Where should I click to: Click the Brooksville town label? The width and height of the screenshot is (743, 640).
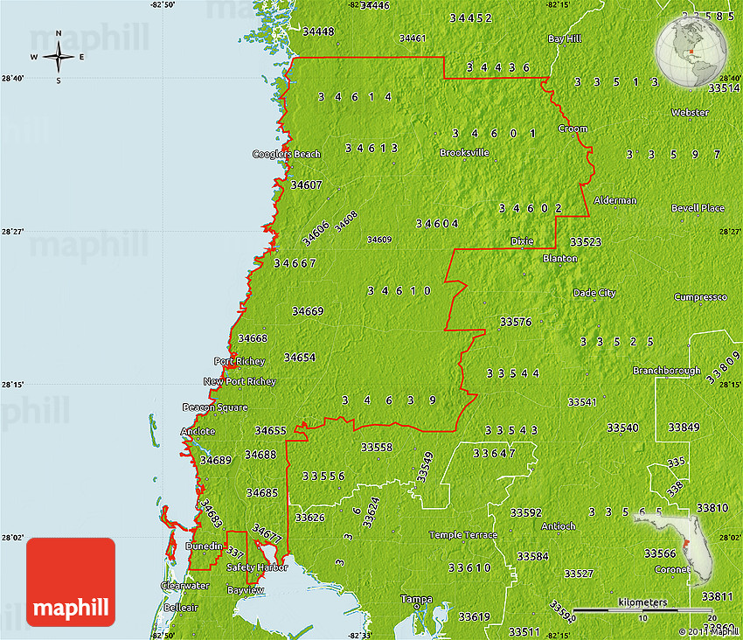pos(464,152)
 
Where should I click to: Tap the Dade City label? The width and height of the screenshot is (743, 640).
pos(594,293)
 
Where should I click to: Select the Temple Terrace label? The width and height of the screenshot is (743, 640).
pos(462,534)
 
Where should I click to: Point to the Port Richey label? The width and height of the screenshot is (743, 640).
pos(235,361)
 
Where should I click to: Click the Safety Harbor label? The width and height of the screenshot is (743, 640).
pos(257,567)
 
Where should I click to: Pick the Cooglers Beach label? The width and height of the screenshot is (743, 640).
pos(287,154)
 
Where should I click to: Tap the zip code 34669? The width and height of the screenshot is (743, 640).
pos(308,310)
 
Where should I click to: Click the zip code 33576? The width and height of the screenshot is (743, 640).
pos(516,322)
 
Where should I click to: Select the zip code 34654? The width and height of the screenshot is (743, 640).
pos(300,357)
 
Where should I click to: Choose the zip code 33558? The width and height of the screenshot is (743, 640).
pos(377,447)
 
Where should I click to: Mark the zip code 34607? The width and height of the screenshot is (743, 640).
pos(307,184)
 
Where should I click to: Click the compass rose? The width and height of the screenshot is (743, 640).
pos(59,58)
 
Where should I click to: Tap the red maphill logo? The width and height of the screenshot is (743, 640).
pos(71,582)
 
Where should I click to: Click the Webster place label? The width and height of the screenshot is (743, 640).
pos(690,113)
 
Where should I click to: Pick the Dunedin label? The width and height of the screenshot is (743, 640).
pos(204,546)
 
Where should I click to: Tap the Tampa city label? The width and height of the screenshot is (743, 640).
pos(416,599)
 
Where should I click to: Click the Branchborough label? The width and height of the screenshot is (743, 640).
pos(667,371)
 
